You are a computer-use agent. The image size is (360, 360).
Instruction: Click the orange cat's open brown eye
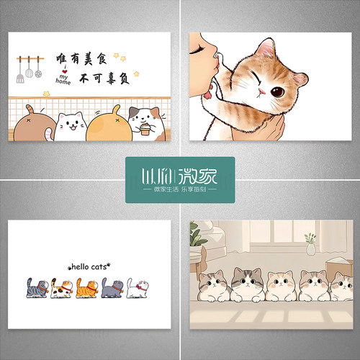click(276, 91)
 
